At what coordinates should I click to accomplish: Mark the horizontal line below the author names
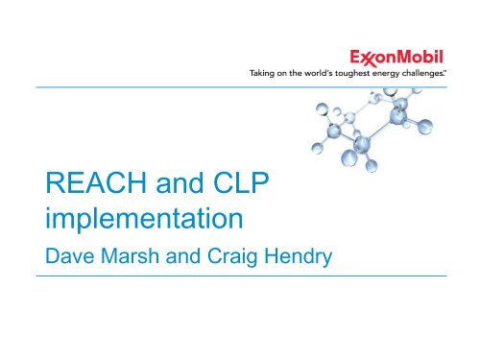tap(240, 276)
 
